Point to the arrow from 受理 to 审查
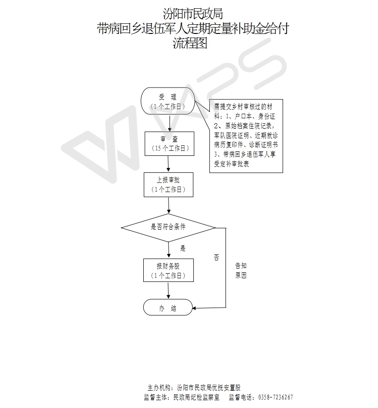[x=169, y=123]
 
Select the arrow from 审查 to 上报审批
[x=169, y=164]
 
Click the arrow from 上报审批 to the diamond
[x=169, y=205]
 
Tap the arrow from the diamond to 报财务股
[x=169, y=250]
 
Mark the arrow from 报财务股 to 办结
[x=169, y=290]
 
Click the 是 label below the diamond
[x=183, y=248]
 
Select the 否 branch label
[x=216, y=258]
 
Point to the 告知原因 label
[x=241, y=270]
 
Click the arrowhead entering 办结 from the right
[x=194, y=308]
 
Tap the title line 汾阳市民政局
[x=193, y=14]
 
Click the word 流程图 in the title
[x=190, y=43]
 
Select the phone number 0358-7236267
[x=276, y=397]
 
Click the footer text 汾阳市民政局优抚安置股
[x=209, y=388]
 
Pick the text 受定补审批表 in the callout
[x=231, y=164]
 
